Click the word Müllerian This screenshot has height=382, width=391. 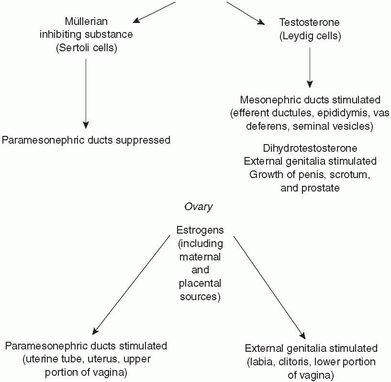point(86,22)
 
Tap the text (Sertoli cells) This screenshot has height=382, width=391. point(86,48)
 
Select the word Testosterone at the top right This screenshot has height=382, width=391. point(310,22)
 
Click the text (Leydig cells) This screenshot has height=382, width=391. point(310,36)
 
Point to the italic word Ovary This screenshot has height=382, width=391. point(198,207)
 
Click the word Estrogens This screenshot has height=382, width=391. point(200,230)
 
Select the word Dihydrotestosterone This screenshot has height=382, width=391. point(310,148)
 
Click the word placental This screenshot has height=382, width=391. point(200,283)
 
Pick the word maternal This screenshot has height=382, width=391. point(200,257)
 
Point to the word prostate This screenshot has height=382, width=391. point(320,188)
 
